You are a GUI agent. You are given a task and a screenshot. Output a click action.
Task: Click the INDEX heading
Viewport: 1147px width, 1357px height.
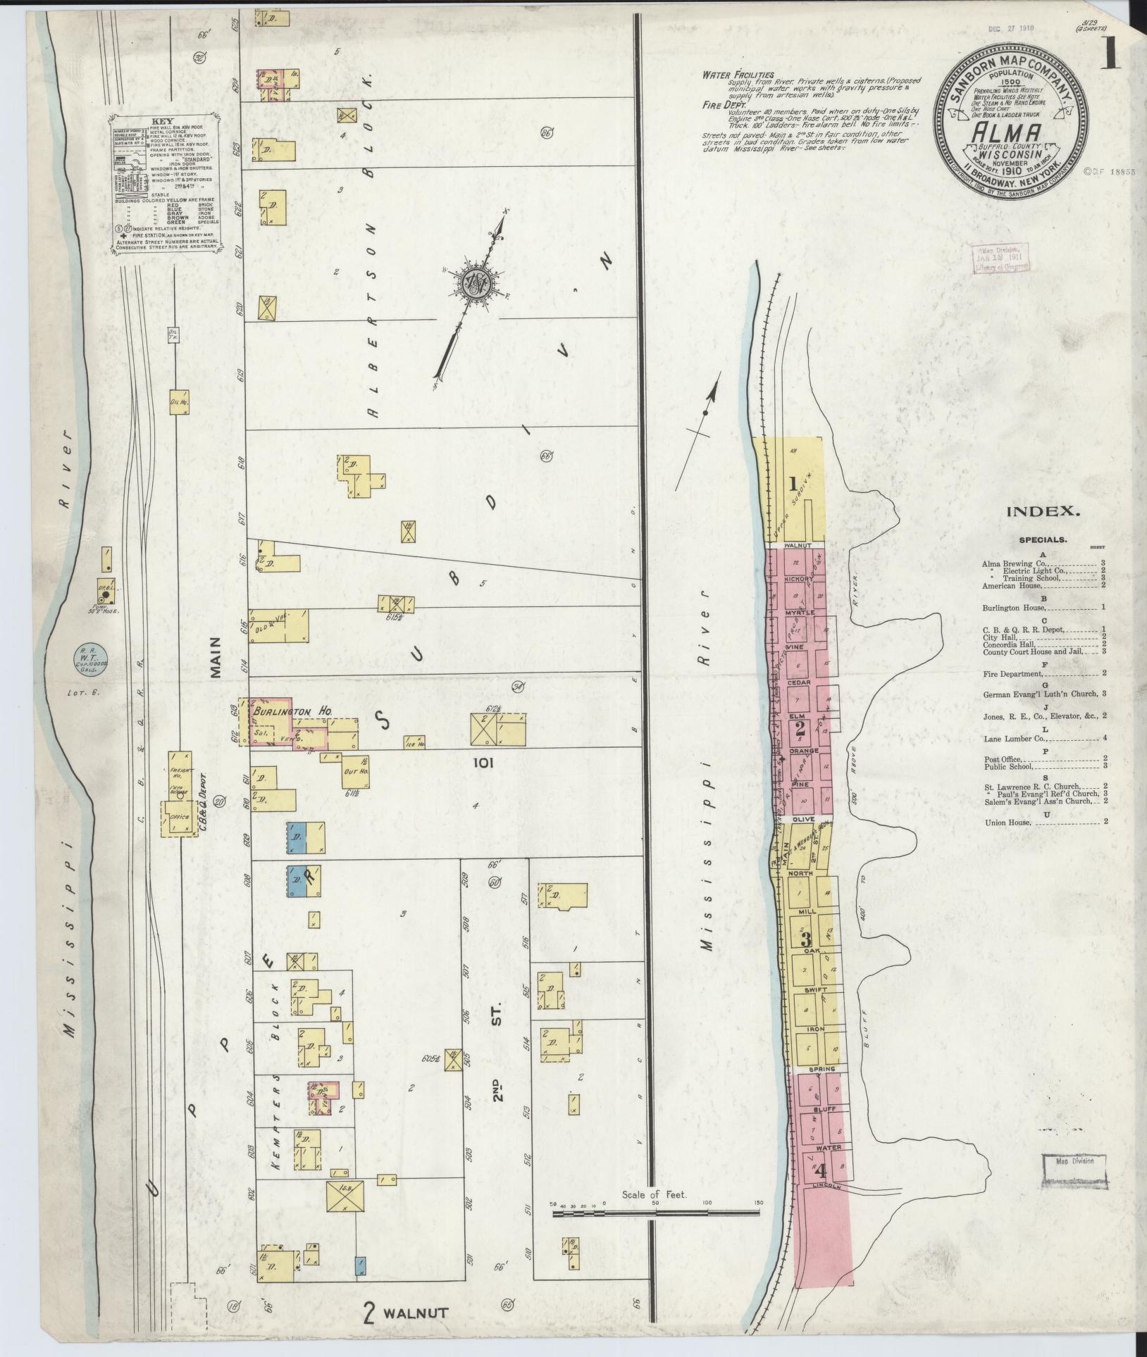[1043, 511]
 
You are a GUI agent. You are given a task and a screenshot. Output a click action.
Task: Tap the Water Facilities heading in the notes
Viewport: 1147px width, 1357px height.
[738, 75]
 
